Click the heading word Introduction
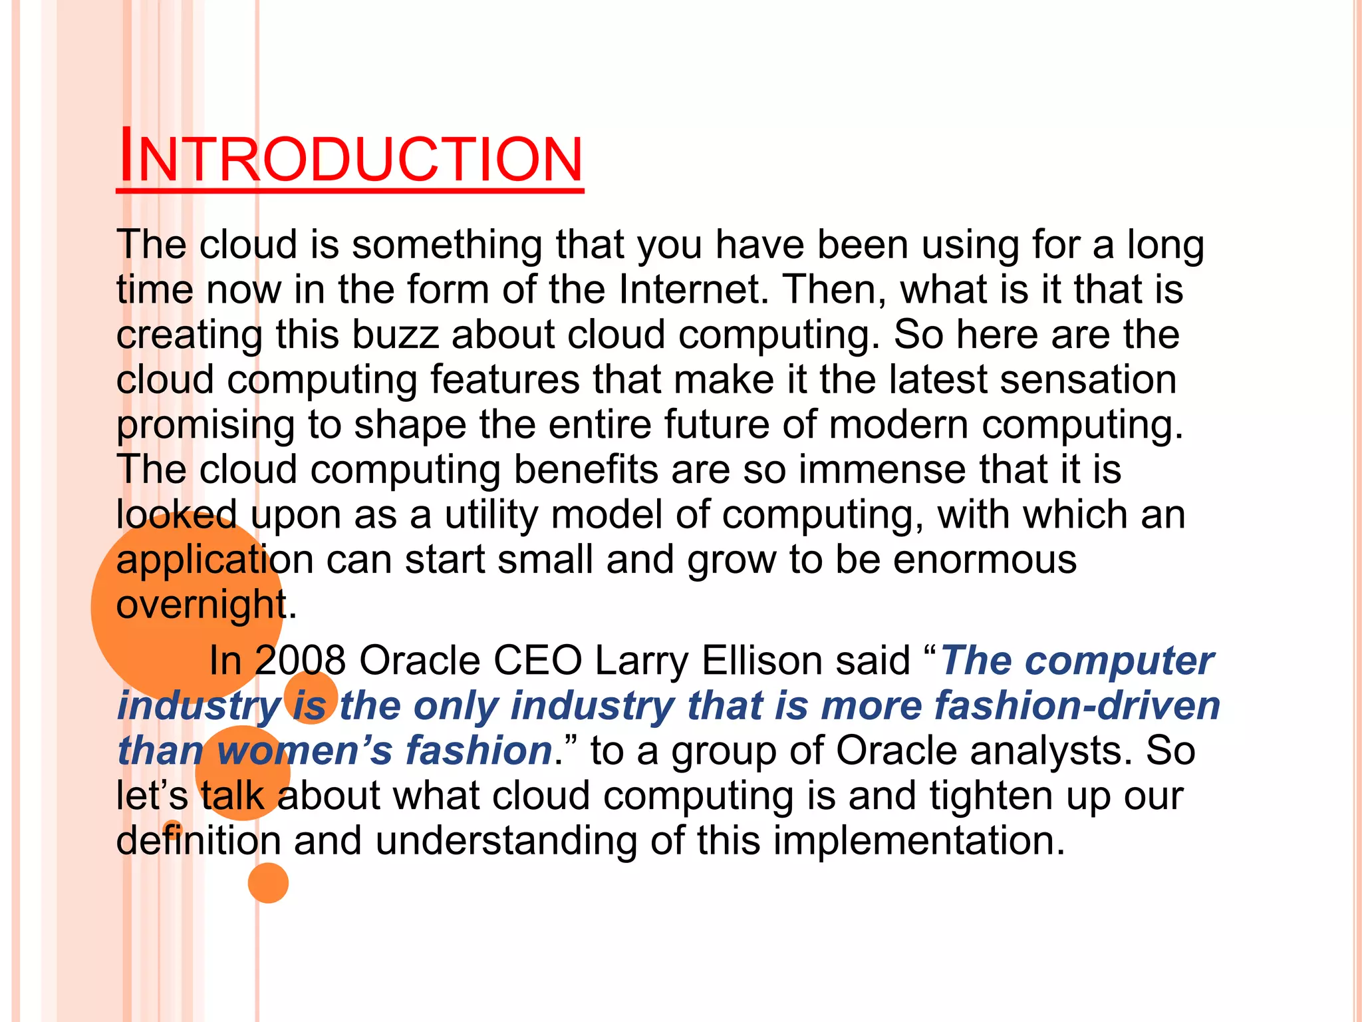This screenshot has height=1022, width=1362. (x=350, y=158)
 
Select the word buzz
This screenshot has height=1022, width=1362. (x=395, y=334)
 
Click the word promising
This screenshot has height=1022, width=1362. (x=205, y=426)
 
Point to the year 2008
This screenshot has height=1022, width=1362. (x=300, y=661)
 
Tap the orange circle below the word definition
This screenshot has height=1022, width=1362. (x=268, y=883)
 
